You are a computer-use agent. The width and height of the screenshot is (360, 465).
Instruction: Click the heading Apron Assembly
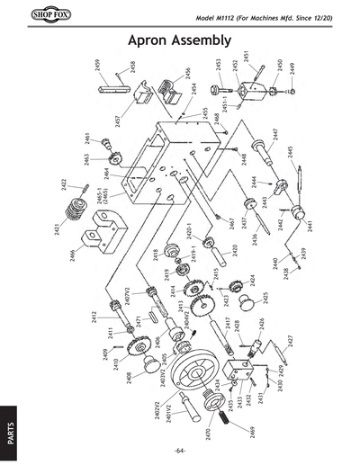pos(180,41)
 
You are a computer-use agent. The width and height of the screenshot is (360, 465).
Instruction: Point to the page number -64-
pos(180,449)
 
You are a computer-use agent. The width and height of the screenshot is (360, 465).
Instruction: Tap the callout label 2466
pos(72,259)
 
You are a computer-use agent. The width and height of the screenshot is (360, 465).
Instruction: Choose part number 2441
pos(310,227)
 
